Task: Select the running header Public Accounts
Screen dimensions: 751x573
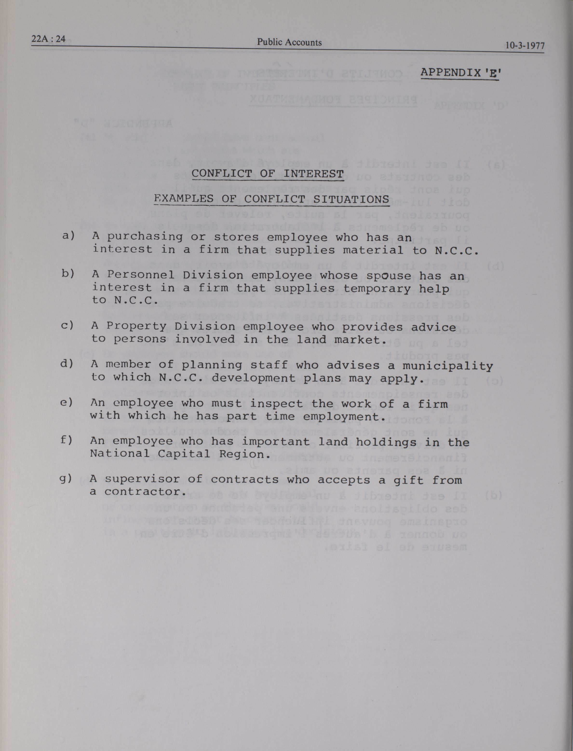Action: coord(289,42)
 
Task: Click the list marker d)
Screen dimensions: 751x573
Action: coord(67,364)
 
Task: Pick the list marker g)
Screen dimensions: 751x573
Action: coord(66,479)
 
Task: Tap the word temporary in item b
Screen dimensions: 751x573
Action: coord(377,289)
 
